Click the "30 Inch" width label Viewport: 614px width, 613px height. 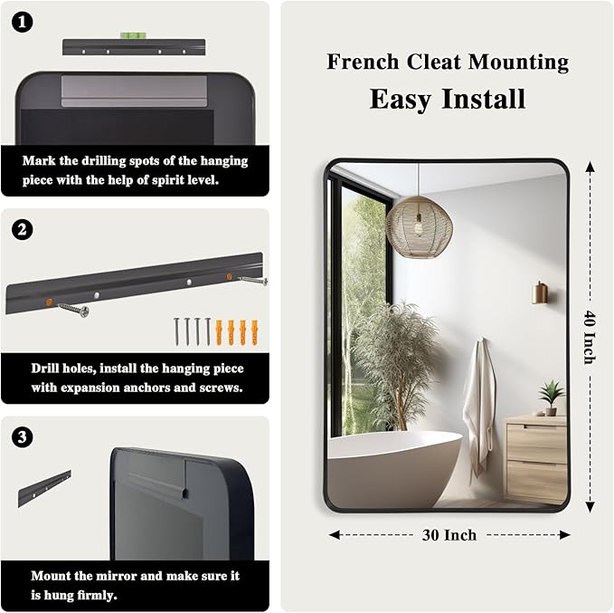pyautogui.click(x=449, y=535)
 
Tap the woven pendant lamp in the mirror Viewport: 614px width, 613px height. pyautogui.click(x=419, y=224)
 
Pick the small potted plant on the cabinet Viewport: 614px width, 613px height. pyautogui.click(x=551, y=397)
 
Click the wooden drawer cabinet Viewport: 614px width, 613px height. pyautogui.click(x=535, y=457)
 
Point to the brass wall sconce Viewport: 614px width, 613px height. pyautogui.click(x=540, y=292)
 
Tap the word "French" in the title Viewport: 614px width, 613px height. pyautogui.click(x=362, y=62)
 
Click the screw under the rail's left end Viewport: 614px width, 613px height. pyautogui.click(x=74, y=311)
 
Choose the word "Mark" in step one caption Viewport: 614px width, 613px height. pyautogui.click(x=39, y=161)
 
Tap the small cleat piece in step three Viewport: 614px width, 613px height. pyautogui.click(x=44, y=488)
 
